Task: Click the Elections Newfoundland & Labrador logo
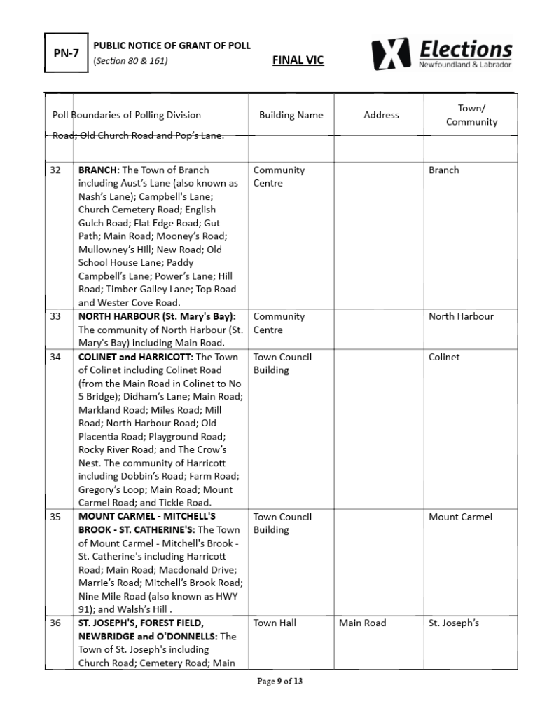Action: click(x=442, y=54)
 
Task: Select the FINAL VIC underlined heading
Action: click(x=298, y=60)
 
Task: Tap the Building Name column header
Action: click(x=291, y=115)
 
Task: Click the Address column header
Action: click(x=381, y=115)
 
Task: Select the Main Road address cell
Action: click(x=362, y=623)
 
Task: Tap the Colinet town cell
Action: click(x=444, y=357)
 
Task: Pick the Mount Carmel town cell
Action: click(x=460, y=517)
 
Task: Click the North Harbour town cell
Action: click(x=461, y=316)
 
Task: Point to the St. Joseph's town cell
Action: click(x=453, y=623)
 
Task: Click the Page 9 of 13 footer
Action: click(x=280, y=681)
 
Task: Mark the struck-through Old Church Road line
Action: click(x=139, y=135)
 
